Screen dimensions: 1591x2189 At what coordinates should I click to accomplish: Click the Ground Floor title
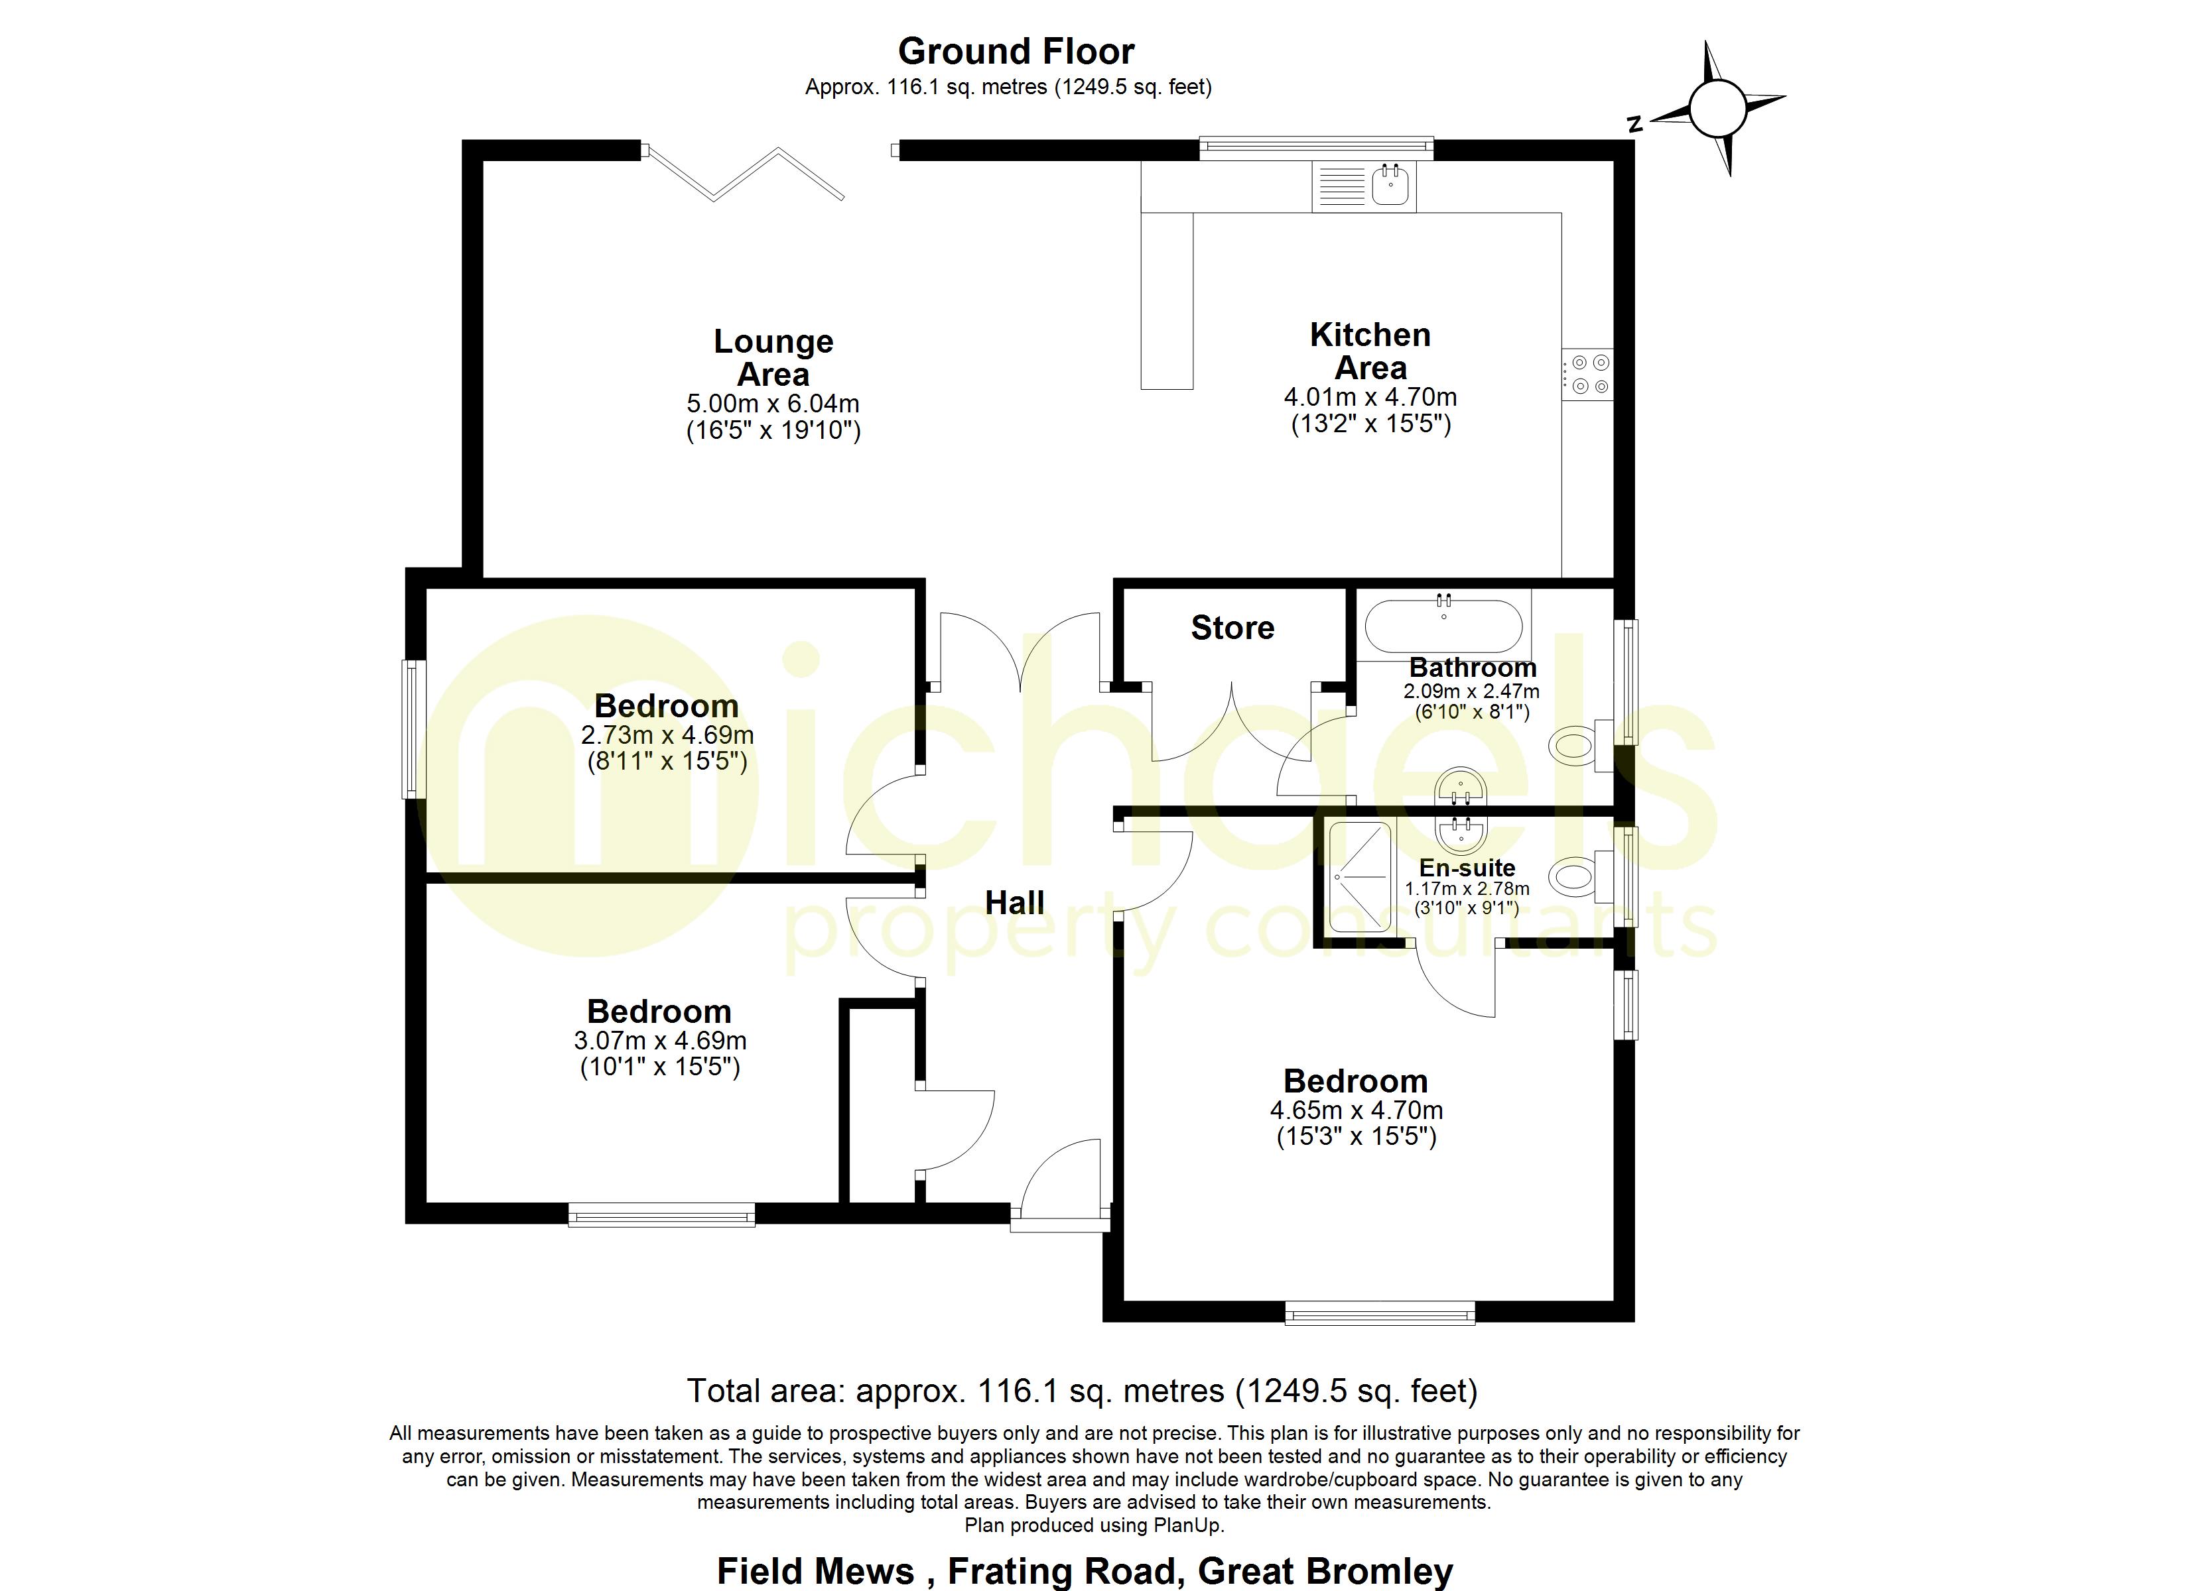pos(1016,51)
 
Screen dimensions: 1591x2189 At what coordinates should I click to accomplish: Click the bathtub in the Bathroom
pos(1443,627)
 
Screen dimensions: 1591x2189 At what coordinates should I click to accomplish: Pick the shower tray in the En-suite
pos(1360,877)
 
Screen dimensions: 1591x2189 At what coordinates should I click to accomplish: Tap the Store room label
pos(1232,628)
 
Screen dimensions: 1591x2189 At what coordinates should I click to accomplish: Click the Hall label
pos(1014,903)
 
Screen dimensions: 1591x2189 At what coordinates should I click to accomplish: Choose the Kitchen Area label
pos(1370,351)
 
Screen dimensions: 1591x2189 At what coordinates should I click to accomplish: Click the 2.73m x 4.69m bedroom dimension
pos(667,735)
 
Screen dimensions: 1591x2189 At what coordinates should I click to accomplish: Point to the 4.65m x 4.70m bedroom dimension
pos(1356,1110)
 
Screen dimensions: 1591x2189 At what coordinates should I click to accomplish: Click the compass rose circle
pos(1717,109)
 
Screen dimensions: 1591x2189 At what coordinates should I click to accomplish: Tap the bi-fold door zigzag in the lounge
pos(743,174)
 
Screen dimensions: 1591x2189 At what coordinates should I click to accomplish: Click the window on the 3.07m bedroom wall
pos(661,1214)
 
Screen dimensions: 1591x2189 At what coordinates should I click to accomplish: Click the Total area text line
pos(1081,1390)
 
